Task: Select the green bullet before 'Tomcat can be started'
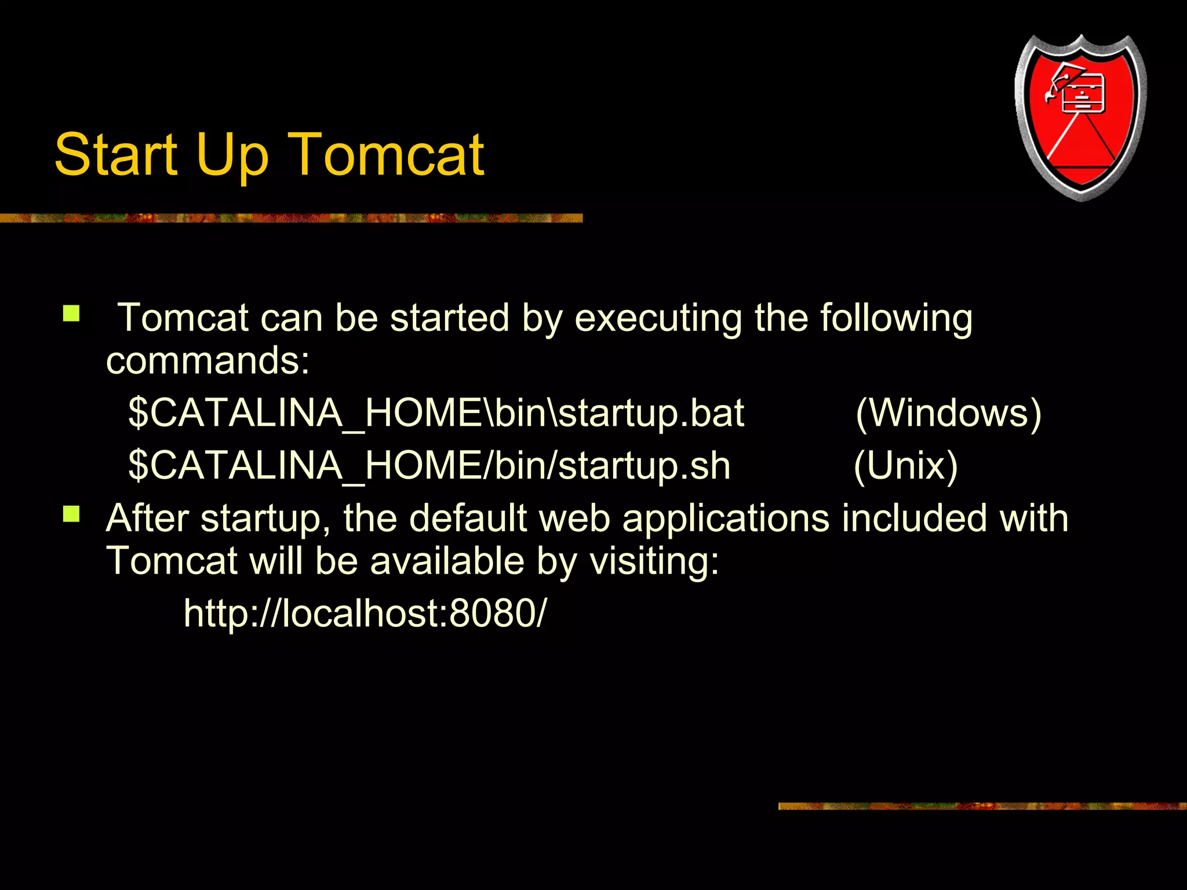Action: click(x=71, y=313)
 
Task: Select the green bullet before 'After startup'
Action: click(x=71, y=514)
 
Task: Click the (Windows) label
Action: click(x=948, y=413)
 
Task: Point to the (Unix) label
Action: click(x=905, y=466)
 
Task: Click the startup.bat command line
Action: click(x=436, y=414)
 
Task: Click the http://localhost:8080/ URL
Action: click(x=365, y=613)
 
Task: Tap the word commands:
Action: click(x=208, y=361)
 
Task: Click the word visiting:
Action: click(x=654, y=561)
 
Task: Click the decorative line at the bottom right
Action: click(x=982, y=806)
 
